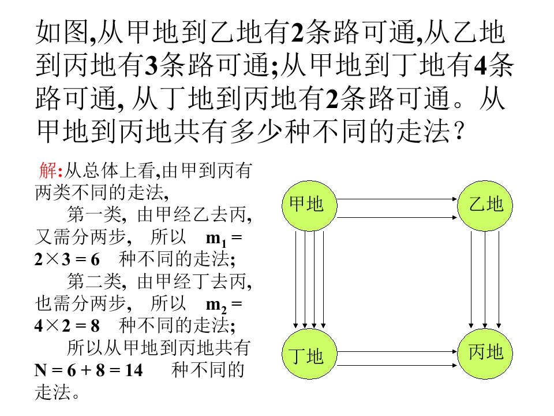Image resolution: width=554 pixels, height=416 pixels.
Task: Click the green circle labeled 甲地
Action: (x=309, y=206)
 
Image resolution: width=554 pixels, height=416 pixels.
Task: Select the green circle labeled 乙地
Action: (x=485, y=206)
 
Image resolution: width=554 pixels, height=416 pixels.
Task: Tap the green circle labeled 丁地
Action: (x=309, y=354)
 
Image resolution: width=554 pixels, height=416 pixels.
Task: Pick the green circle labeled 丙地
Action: (x=485, y=354)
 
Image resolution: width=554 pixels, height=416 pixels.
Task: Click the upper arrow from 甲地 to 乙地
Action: (x=397, y=199)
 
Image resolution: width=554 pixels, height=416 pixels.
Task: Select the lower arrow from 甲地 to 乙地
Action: (x=397, y=217)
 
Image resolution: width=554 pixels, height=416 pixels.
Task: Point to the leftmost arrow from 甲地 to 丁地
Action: (x=295, y=280)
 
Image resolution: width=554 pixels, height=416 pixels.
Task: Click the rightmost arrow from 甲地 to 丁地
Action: (x=323, y=280)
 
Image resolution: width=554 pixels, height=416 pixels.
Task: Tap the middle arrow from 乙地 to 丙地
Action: (x=485, y=280)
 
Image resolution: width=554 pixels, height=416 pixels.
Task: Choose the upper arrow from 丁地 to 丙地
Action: (x=397, y=352)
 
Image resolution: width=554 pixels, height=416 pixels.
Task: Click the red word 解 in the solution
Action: (x=47, y=170)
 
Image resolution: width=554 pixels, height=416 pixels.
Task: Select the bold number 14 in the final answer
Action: (x=134, y=370)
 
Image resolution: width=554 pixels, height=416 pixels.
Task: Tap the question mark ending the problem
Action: (x=459, y=131)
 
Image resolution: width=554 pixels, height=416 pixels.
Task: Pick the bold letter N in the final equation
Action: (x=40, y=370)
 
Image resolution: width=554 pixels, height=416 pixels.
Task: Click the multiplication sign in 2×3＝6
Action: (x=53, y=259)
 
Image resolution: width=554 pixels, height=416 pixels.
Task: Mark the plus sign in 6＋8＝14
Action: (x=86, y=370)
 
